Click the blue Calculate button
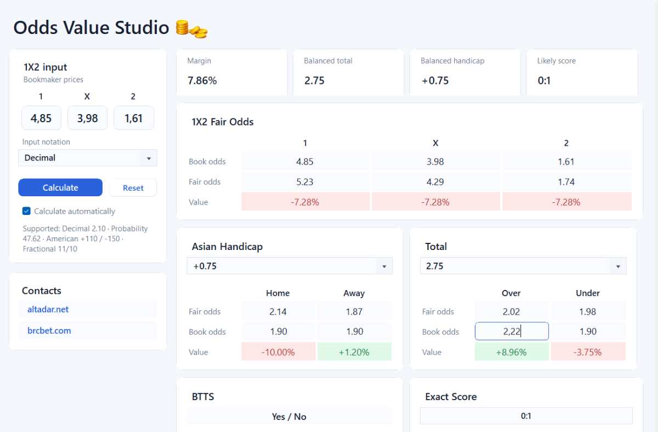60,187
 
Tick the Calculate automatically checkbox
26,211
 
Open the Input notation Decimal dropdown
88,158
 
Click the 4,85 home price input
41,118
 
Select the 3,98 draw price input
87,118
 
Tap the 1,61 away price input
134,118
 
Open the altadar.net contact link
48,309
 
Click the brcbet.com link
49,331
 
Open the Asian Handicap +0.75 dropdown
290,266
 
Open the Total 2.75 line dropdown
523,266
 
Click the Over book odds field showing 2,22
512,331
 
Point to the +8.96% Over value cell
512,352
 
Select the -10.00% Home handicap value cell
278,352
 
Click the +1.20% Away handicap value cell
354,352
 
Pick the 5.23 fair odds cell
305,182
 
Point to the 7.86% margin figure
202,81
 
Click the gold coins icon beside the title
191,29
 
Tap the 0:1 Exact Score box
526,416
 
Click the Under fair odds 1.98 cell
588,311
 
